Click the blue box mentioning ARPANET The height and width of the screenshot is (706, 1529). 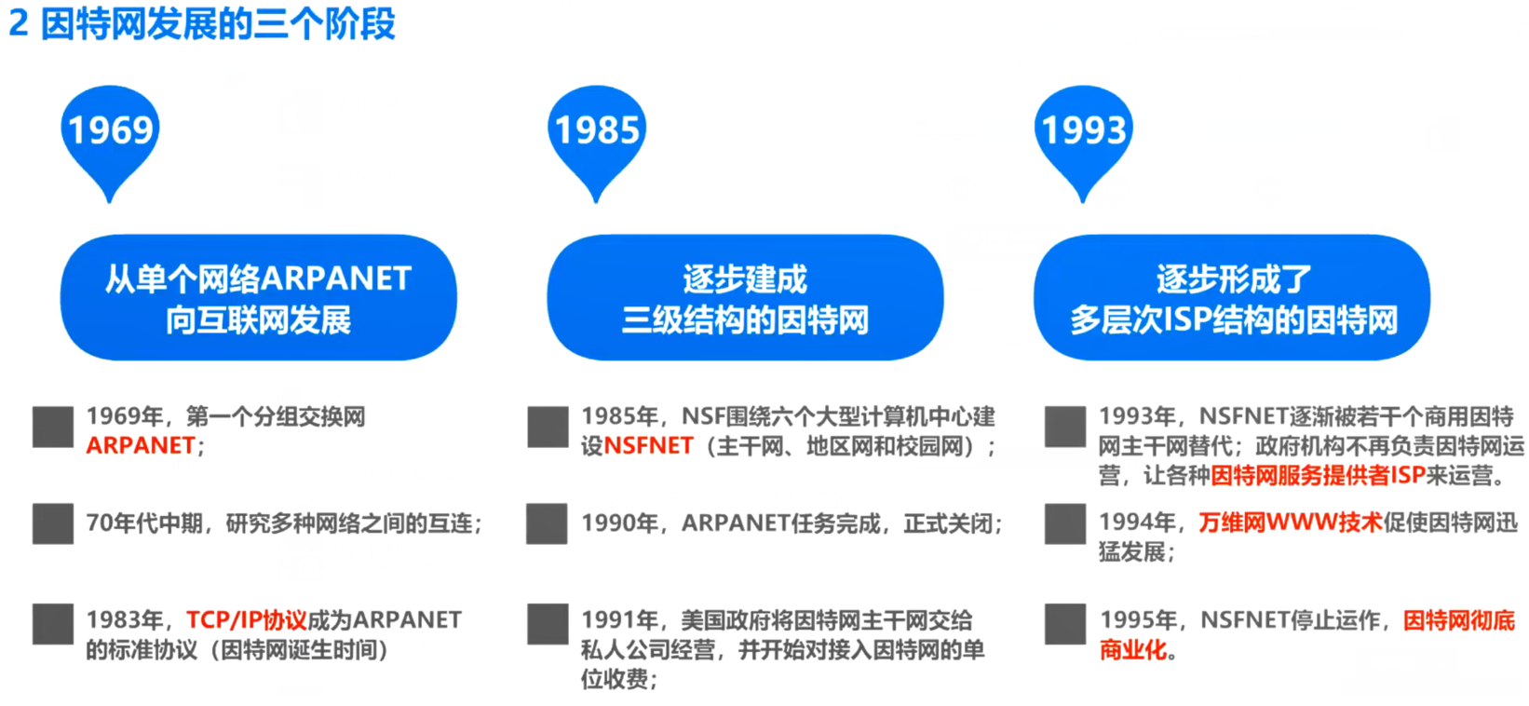tap(258, 297)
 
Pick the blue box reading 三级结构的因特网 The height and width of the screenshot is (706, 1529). tap(745, 297)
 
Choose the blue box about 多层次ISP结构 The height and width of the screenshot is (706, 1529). tap(1232, 297)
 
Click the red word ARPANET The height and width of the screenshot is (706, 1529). tap(141, 446)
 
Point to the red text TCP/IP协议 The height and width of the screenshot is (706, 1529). tap(247, 620)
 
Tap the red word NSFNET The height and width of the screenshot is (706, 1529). tap(649, 446)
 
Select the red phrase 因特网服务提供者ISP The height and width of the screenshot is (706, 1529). tap(1318, 476)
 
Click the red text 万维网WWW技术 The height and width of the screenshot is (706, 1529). tap(1291, 523)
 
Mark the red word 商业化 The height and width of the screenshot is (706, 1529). tap(1133, 650)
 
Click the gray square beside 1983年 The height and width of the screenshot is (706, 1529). tap(53, 624)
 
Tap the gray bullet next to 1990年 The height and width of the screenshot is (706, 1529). tap(547, 524)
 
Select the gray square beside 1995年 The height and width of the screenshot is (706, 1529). tap(1065, 624)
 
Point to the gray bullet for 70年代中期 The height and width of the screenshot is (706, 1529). tap(53, 524)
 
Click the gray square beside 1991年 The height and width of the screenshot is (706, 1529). tap(547, 624)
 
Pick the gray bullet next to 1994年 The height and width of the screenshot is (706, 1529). tap(1065, 524)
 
